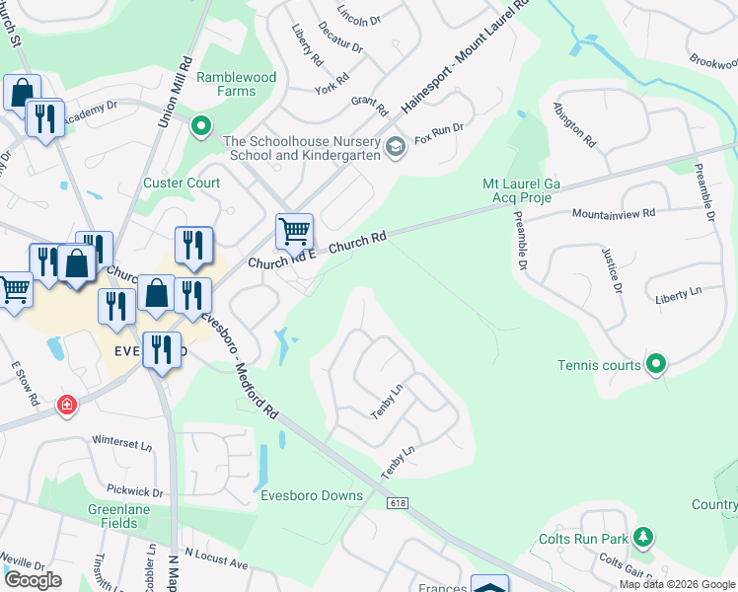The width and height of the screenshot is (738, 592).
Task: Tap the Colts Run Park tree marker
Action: pyautogui.click(x=643, y=538)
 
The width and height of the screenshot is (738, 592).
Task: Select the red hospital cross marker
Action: pyautogui.click(x=67, y=405)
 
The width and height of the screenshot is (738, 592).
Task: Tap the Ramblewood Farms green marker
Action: pyautogui.click(x=201, y=126)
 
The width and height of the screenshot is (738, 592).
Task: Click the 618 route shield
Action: pyautogui.click(x=398, y=503)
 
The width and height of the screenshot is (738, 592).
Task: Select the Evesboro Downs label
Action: pyautogui.click(x=311, y=495)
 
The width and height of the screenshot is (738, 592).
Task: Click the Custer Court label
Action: pyautogui.click(x=182, y=183)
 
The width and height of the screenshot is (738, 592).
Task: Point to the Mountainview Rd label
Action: pyautogui.click(x=615, y=213)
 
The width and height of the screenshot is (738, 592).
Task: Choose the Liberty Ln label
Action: pyautogui.click(x=678, y=295)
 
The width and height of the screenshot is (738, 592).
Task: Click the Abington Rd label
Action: pyautogui.click(x=575, y=124)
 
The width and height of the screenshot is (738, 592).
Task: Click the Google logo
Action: pyautogui.click(x=33, y=580)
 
